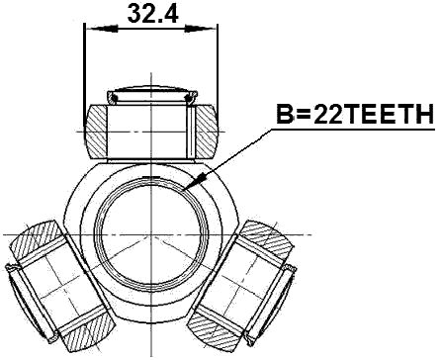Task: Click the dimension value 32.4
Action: [149, 14]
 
